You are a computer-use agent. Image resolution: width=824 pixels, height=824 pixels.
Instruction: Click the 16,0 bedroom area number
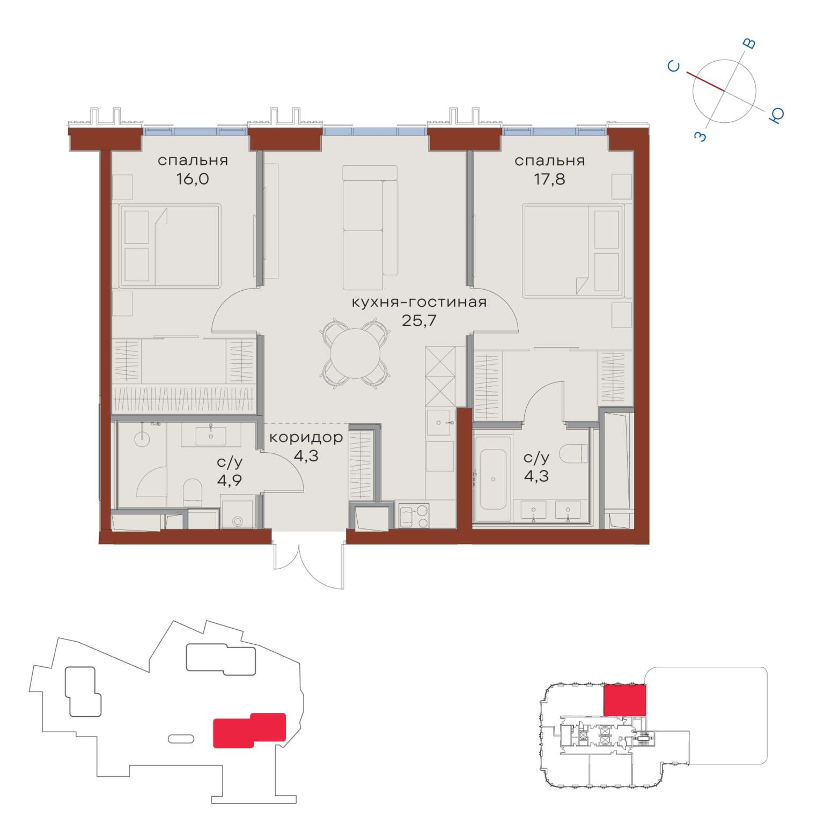click(x=193, y=179)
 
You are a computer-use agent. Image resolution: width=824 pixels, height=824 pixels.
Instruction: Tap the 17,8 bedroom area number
click(x=549, y=179)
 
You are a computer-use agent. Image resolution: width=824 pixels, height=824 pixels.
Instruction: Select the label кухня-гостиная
click(x=419, y=302)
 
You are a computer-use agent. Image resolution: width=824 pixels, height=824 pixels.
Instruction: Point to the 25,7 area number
click(x=419, y=321)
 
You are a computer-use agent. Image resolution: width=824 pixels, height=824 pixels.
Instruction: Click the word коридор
click(x=306, y=438)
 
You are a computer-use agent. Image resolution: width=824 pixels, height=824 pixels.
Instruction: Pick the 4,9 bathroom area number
click(x=229, y=480)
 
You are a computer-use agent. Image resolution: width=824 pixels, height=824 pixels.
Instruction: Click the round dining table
click(x=356, y=353)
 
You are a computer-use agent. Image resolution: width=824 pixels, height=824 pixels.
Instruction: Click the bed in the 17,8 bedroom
click(x=573, y=250)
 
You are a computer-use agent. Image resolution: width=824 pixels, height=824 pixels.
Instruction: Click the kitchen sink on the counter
click(x=440, y=423)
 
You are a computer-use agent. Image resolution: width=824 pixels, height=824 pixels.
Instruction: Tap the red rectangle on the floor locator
click(x=624, y=700)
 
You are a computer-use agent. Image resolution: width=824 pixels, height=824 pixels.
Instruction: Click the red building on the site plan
click(x=249, y=730)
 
